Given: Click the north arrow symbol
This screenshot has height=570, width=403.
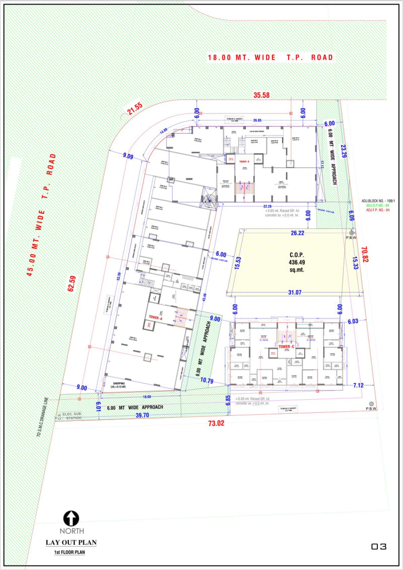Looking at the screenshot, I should [x=71, y=518].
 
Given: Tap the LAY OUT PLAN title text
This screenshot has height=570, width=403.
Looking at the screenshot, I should [x=71, y=543].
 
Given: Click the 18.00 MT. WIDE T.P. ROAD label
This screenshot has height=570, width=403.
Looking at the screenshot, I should [x=271, y=57].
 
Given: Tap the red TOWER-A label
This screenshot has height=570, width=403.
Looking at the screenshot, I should [x=154, y=318].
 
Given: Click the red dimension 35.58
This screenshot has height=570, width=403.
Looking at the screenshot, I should [x=262, y=95].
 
